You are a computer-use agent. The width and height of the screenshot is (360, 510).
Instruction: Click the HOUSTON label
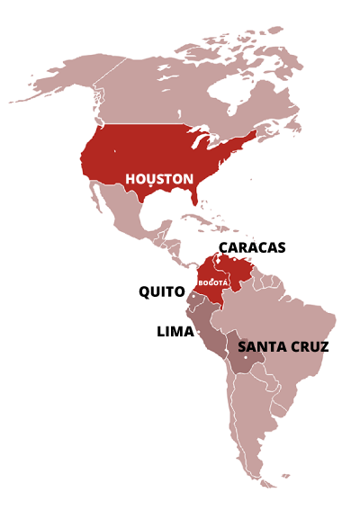coord(158,178)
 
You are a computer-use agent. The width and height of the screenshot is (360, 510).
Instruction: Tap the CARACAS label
coord(252,247)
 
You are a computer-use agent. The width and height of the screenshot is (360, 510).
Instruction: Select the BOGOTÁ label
coord(213,282)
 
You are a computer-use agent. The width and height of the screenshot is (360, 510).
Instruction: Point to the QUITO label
coord(162,291)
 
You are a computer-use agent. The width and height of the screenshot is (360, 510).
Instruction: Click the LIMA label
coord(175,332)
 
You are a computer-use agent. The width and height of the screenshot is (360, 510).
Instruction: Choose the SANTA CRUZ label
coord(283,346)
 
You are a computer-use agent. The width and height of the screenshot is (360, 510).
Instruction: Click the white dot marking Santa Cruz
coord(245,358)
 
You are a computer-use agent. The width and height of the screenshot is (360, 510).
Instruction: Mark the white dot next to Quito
coord(191,294)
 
